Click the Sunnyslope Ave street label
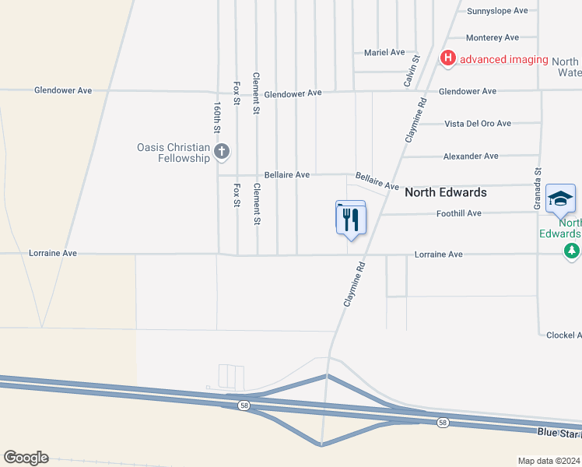point(497,11)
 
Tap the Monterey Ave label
point(492,37)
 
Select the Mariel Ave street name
point(384,52)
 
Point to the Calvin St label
point(413,69)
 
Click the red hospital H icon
point(448,58)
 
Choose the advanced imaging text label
point(505,59)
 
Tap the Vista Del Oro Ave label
point(477,124)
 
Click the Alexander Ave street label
point(470,156)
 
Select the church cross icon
point(222,152)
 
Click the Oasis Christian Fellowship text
point(174,153)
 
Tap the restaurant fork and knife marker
point(350,218)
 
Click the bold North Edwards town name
point(446,192)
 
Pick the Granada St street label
point(537,188)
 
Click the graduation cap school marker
point(560,198)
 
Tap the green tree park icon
point(573,251)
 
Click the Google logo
point(26,458)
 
